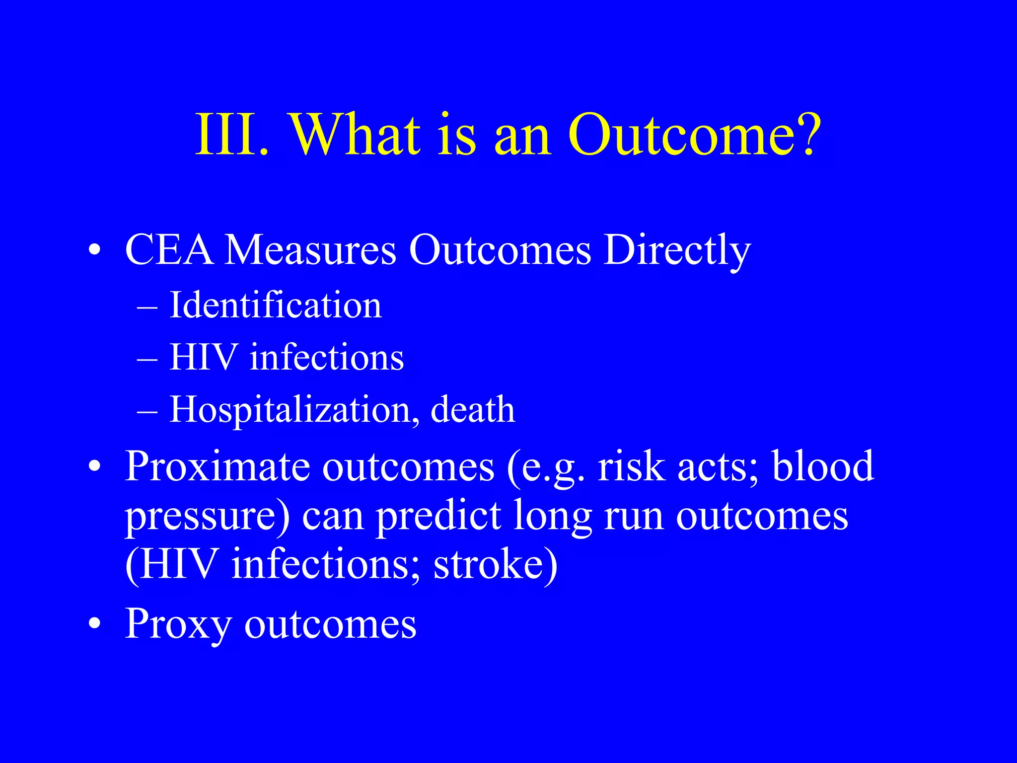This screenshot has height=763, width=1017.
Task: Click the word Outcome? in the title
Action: [695, 135]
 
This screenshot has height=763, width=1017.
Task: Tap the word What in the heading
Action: [356, 135]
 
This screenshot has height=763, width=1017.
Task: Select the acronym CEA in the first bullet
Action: [169, 250]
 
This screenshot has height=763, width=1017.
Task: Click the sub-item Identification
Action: [276, 305]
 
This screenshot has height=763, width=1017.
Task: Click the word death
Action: [473, 410]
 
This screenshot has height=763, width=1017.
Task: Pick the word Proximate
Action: [218, 467]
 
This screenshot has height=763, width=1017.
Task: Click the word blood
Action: [823, 467]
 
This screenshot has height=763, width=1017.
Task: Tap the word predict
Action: [438, 517]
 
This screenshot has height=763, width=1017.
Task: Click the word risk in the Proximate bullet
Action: [631, 467]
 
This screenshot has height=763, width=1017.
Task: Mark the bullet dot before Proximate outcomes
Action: [95, 467]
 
